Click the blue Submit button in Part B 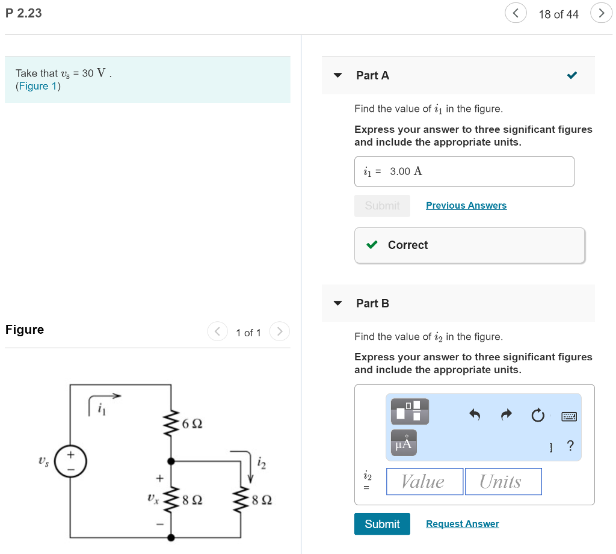click(x=382, y=524)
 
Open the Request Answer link click(x=462, y=524)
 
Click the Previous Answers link click(x=466, y=206)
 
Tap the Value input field click(x=424, y=481)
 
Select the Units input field click(x=503, y=481)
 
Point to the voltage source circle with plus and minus click(x=71, y=461)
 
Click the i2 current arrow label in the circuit click(x=260, y=463)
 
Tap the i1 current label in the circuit click(x=102, y=410)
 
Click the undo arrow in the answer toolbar click(x=475, y=414)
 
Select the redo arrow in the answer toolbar click(x=507, y=414)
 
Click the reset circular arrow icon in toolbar click(x=538, y=415)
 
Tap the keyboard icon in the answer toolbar click(x=569, y=416)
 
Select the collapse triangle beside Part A click(x=337, y=76)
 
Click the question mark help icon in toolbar click(x=570, y=446)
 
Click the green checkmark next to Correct click(x=372, y=245)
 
